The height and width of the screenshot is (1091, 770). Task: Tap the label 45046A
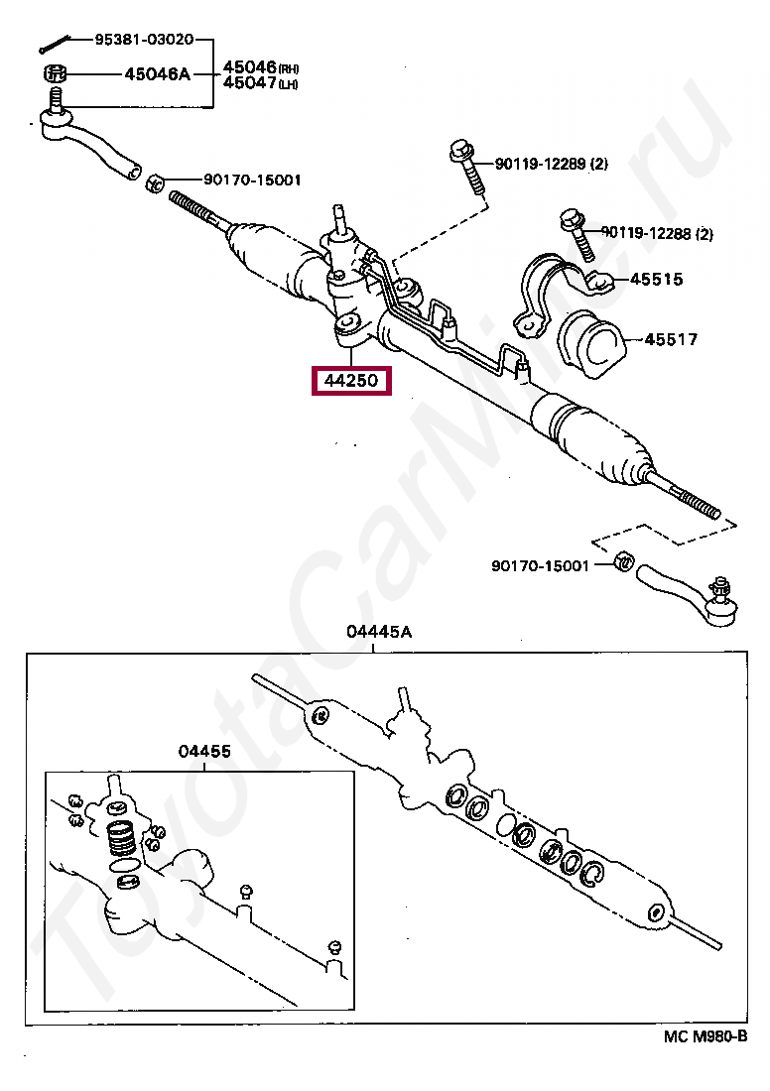coord(157,73)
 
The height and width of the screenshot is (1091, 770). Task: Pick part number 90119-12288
coord(651,234)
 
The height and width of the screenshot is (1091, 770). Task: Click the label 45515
coord(656,280)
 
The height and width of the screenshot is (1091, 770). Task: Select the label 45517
coord(671,339)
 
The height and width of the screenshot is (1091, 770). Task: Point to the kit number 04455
coord(204,751)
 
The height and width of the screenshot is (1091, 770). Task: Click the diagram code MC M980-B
coord(705,1036)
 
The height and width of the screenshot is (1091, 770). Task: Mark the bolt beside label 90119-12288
coord(575,231)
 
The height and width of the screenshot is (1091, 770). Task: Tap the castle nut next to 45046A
coord(56,73)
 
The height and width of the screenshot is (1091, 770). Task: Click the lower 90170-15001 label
coord(540,565)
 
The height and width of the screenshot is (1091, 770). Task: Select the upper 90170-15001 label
coord(252,180)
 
